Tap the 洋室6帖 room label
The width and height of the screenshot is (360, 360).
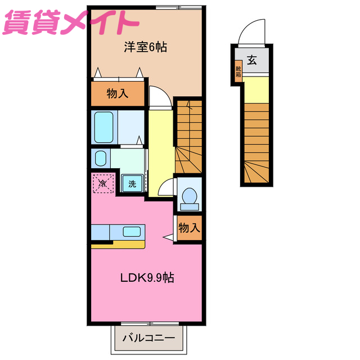click(145, 47)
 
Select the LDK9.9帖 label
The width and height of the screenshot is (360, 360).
click(147, 277)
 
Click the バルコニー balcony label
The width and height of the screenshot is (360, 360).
click(146, 340)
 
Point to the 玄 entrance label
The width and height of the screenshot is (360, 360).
click(251, 61)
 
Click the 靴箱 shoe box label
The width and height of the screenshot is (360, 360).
click(238, 71)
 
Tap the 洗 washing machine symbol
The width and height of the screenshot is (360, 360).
click(132, 183)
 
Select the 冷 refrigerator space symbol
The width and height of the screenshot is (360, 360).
click(103, 183)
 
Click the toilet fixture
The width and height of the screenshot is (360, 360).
click(188, 197)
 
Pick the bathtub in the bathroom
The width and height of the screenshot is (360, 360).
click(105, 127)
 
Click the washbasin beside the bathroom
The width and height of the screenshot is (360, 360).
click(101, 158)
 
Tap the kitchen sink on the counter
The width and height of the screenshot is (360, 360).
click(132, 231)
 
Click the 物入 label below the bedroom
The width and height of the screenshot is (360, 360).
click(118, 94)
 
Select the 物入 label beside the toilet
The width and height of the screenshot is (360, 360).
click(188, 228)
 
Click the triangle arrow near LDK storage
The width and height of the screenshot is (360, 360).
click(168, 238)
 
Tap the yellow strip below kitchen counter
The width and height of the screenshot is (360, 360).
click(118, 244)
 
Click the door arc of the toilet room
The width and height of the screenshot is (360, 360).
click(167, 188)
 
